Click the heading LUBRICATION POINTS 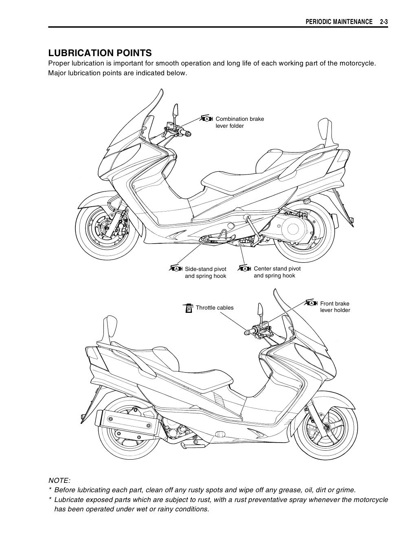point(100,53)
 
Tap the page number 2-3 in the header point(383,21)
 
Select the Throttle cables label point(215,308)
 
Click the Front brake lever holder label point(335,307)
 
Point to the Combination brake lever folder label point(239,122)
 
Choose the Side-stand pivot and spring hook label point(206,273)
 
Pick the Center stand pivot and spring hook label point(277,272)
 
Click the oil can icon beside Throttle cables point(188,308)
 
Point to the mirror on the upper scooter point(176,110)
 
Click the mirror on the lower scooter point(259,310)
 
